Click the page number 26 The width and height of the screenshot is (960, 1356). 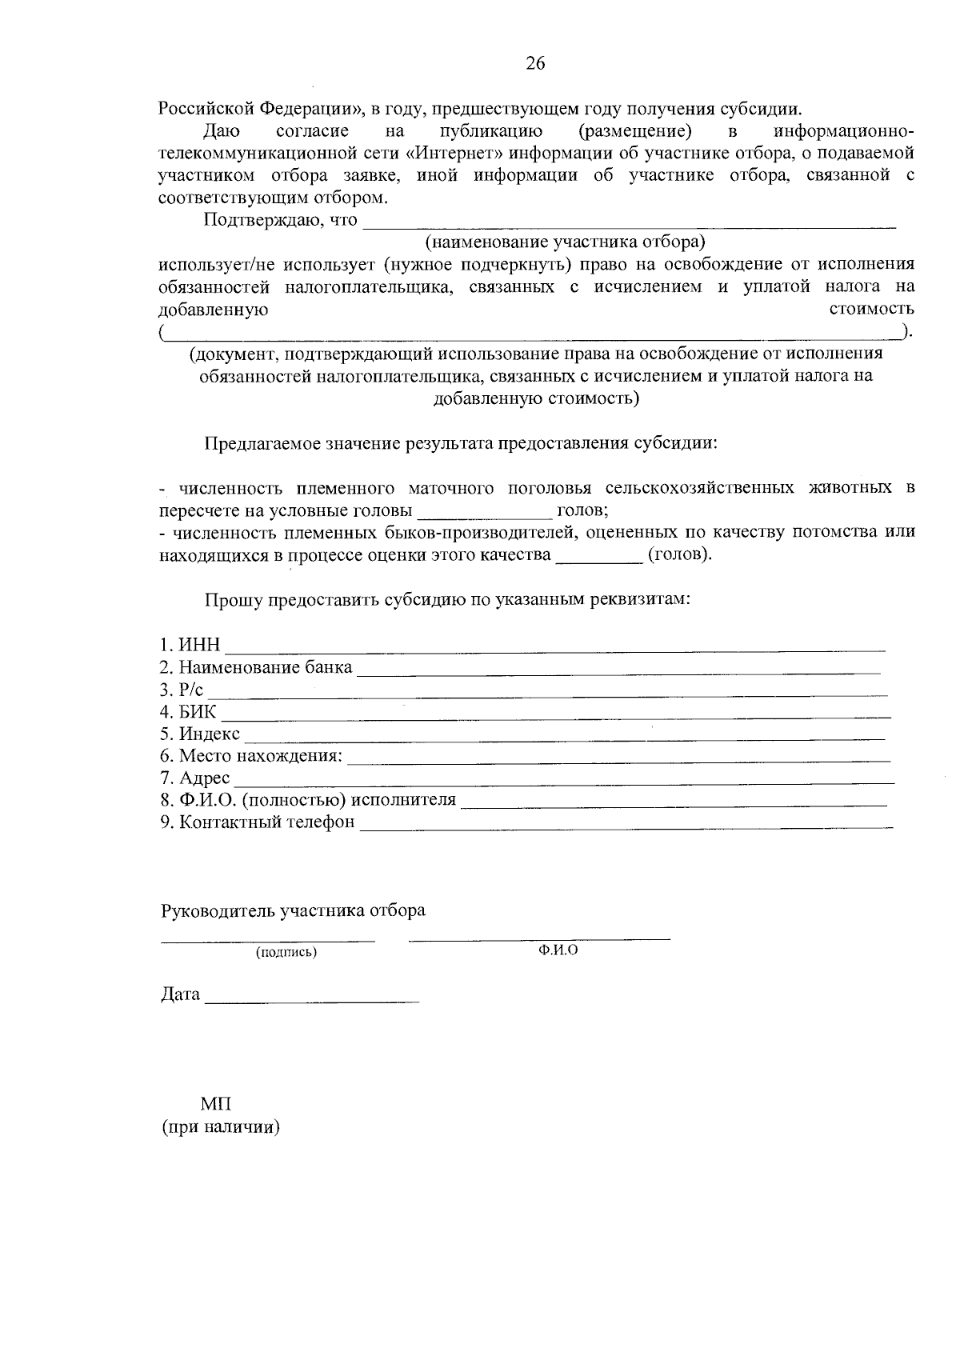(x=535, y=64)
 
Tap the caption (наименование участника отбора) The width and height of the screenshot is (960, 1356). (x=565, y=241)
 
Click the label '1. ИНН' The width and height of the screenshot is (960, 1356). (x=190, y=645)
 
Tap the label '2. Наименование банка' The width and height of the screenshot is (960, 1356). (x=255, y=667)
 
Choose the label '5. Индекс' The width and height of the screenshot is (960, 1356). (x=199, y=734)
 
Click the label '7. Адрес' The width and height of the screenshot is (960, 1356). (x=194, y=778)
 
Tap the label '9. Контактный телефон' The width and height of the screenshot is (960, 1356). (x=257, y=822)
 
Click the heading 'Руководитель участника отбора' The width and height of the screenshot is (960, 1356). (x=293, y=910)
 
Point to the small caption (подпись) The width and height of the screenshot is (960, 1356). (x=286, y=952)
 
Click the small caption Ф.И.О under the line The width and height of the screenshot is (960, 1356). (x=558, y=950)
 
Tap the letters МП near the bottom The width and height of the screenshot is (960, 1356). (x=216, y=1104)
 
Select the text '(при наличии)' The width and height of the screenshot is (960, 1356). (x=220, y=1127)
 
